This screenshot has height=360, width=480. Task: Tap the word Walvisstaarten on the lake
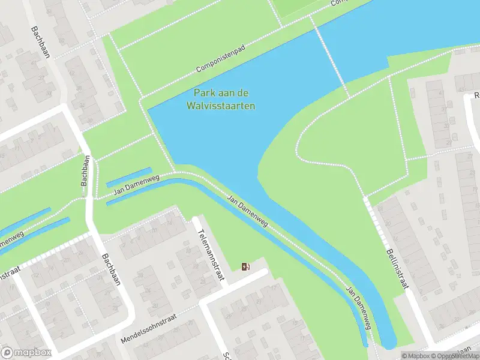(x=220, y=106)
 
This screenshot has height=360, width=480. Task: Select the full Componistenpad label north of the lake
(x=220, y=61)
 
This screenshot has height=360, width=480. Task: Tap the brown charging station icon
(x=245, y=266)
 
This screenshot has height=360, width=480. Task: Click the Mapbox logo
(x=26, y=352)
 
